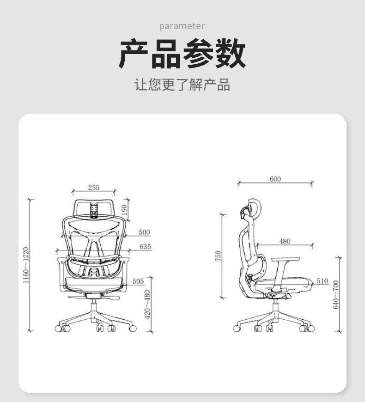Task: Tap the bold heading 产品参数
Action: [x=182, y=54]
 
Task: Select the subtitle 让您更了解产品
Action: [x=182, y=85]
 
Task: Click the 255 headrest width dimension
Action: [x=94, y=188]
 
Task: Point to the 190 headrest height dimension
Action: [x=124, y=210]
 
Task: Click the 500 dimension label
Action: [x=144, y=232]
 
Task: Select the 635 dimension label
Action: [x=145, y=246]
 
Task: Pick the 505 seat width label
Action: [x=138, y=281]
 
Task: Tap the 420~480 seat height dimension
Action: [x=147, y=305]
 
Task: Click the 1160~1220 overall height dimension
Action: [x=26, y=265]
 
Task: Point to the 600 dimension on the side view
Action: [x=275, y=179]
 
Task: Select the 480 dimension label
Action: [x=285, y=241]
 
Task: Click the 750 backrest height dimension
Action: [x=218, y=256]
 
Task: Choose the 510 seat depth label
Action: [x=322, y=281]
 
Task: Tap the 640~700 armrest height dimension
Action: [x=336, y=295]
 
